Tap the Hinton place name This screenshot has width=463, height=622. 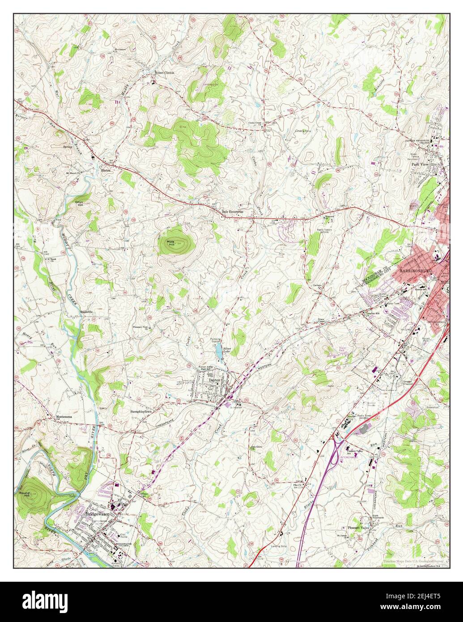106,170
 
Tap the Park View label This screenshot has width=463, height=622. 420,164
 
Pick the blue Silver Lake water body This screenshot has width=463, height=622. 219,352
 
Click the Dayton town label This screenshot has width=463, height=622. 216,380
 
